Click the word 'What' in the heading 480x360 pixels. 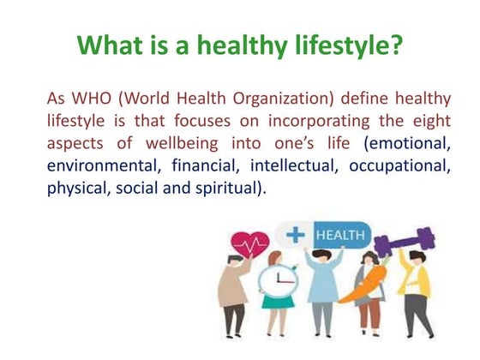click(106, 45)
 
